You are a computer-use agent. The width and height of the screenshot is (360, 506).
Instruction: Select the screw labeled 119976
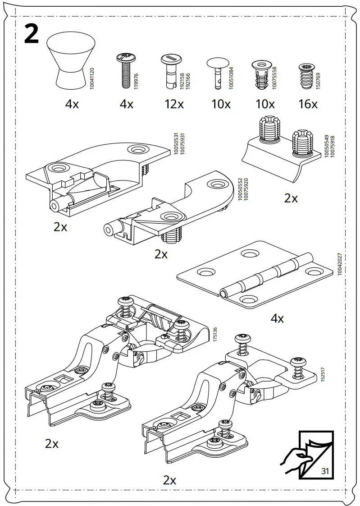pyautogui.click(x=123, y=70)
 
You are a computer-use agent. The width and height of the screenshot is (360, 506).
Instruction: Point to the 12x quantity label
pyautogui.click(x=174, y=104)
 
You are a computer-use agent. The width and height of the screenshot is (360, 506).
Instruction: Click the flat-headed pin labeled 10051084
pyautogui.click(x=217, y=70)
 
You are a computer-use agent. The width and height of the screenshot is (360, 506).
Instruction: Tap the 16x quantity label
pyautogui.click(x=308, y=104)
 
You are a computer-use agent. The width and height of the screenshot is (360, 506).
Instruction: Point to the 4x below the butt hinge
pyautogui.click(x=277, y=318)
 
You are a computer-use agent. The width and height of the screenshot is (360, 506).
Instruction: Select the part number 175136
pyautogui.click(x=215, y=336)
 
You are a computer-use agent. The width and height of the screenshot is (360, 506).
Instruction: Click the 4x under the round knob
pyautogui.click(x=72, y=104)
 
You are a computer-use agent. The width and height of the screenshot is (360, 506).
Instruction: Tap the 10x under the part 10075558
pyautogui.click(x=265, y=104)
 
